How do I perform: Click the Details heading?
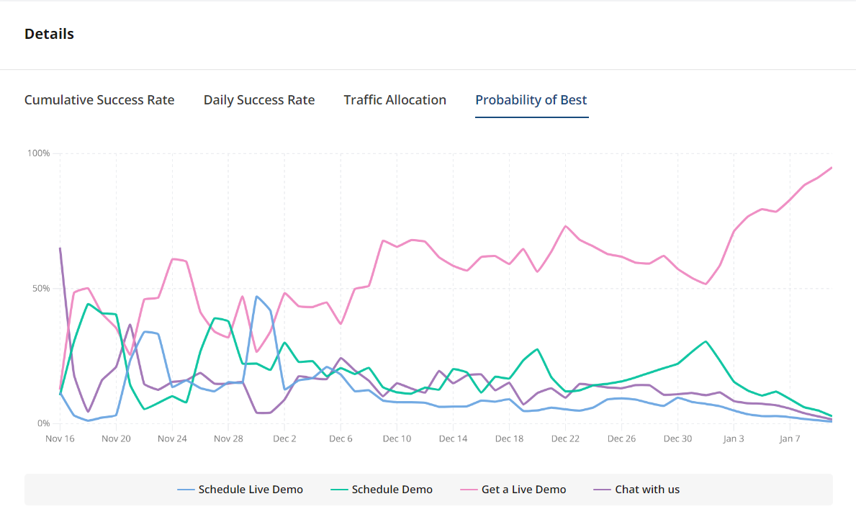[49, 34]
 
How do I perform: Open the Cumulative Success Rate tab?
[99, 100]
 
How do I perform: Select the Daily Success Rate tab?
[259, 100]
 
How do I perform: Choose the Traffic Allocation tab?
[395, 100]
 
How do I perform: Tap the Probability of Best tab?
[531, 100]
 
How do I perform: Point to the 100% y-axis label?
[38, 153]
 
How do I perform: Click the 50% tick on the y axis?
[40, 289]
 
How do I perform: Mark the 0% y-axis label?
[42, 423]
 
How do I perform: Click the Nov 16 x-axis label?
[60, 438]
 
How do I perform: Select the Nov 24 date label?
[172, 438]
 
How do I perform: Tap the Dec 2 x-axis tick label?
[284, 438]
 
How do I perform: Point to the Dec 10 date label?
[397, 438]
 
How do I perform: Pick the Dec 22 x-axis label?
[565, 438]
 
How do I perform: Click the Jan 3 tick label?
[734, 438]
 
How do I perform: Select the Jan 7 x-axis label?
[790, 438]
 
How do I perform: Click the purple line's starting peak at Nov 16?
[60, 248]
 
